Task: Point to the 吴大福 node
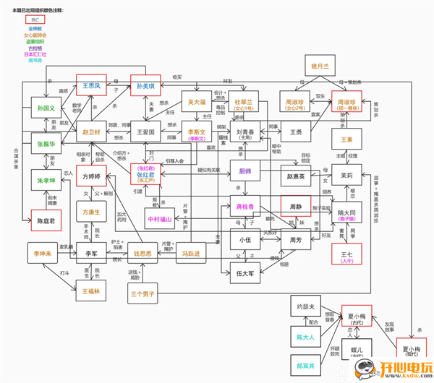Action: [198, 102]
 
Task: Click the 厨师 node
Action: [245, 171]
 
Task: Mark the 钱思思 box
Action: [145, 254]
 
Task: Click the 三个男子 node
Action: [142, 294]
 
